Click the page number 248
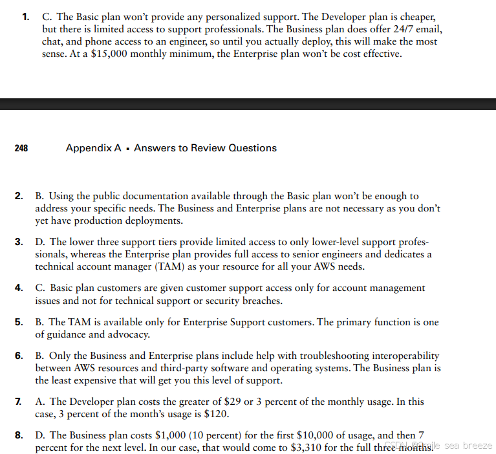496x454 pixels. (21, 148)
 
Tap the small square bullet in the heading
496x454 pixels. (128, 149)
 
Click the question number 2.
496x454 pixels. (19, 195)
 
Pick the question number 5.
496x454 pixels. (19, 321)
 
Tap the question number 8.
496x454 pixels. (19, 435)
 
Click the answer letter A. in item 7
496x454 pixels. (40, 402)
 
